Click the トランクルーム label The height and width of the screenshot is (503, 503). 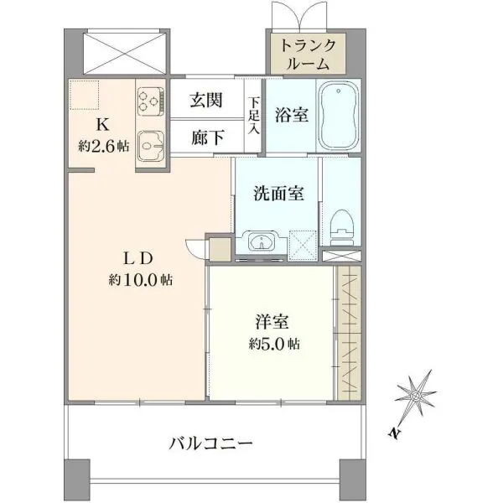tap(308, 54)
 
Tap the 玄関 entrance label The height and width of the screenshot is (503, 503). tap(206, 100)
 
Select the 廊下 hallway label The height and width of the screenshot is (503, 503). tap(208, 137)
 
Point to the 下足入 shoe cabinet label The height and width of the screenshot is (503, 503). tap(254, 117)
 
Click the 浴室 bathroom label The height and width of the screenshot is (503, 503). tap(292, 115)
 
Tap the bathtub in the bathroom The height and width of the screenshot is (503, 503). tap(339, 115)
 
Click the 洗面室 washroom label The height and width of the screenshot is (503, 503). tap(279, 194)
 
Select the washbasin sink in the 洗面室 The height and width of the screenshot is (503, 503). tap(262, 241)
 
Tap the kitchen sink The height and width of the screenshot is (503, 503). tap(151, 146)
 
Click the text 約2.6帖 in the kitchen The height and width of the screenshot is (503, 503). tap(104, 147)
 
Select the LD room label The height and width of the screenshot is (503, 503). tap(137, 258)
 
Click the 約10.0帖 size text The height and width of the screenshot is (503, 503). tap(141, 280)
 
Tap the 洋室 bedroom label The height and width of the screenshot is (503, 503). tap(272, 322)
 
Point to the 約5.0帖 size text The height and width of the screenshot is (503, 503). tap(274, 344)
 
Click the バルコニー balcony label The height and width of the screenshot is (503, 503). tap(211, 444)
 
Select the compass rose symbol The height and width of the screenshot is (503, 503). tap(416, 396)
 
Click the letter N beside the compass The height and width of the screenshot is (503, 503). tap(395, 433)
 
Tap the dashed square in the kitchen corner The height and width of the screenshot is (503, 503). tap(85, 95)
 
